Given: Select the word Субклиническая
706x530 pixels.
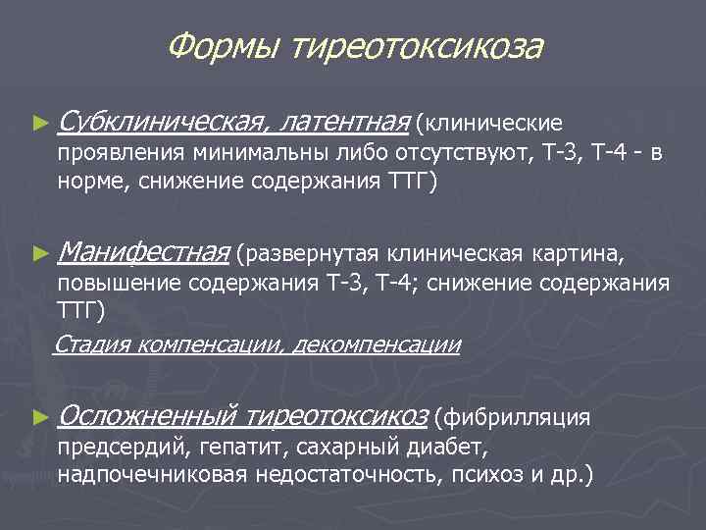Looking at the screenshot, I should coord(163,123).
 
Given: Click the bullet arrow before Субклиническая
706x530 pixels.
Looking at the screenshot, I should coord(39,124).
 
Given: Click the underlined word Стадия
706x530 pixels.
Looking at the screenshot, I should coord(92,344).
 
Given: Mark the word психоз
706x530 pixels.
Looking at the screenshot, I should coord(487,476).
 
